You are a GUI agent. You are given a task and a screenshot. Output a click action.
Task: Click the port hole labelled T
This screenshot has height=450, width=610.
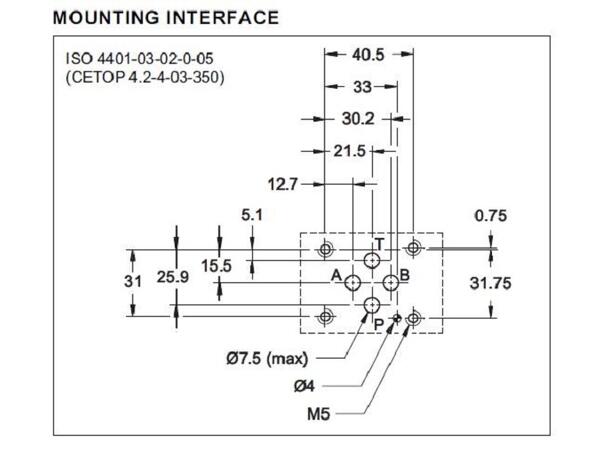click(x=372, y=262)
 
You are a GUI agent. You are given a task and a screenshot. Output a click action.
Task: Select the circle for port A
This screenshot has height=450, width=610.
click(x=354, y=284)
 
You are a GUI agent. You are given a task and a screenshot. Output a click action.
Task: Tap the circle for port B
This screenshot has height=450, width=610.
click(x=390, y=284)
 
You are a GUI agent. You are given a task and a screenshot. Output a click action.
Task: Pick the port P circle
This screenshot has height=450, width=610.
click(x=372, y=305)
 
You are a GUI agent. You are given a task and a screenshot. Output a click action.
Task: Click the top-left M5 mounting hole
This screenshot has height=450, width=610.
click(x=325, y=247)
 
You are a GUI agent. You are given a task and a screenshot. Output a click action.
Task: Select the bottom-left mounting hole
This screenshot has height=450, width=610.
click(x=325, y=318)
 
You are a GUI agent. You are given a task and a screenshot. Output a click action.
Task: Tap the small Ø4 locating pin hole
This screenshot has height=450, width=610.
click(x=397, y=318)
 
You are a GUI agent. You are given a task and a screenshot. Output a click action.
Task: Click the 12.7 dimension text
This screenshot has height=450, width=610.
click(x=285, y=183)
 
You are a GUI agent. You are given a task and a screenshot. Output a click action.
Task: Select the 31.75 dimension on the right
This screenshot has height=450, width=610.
click(x=491, y=283)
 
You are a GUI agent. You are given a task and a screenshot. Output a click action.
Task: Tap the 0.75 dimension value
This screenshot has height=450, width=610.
click(x=491, y=215)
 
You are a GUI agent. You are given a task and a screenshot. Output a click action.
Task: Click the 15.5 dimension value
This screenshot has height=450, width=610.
click(x=215, y=265)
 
